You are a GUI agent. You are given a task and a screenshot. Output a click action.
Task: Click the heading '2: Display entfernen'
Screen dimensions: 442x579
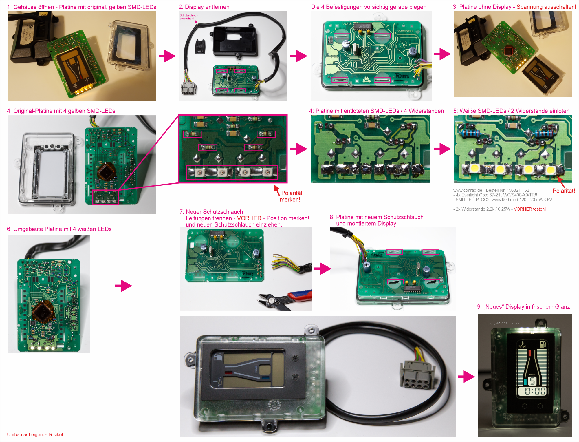coord(204,7)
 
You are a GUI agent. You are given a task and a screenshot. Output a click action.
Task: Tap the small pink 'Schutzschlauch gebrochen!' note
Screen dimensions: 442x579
coord(189,17)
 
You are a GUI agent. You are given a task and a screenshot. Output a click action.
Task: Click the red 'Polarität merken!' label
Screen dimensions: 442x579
coord(291,196)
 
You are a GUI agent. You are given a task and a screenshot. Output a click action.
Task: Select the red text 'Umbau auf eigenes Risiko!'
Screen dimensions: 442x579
coord(35,434)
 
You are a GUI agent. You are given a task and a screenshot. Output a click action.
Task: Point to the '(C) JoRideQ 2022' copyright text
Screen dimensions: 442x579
coord(505,323)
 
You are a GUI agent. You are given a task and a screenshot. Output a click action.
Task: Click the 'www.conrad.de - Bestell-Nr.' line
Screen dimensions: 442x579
coord(491,190)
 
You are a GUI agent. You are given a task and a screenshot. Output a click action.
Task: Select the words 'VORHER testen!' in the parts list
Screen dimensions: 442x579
coord(529,209)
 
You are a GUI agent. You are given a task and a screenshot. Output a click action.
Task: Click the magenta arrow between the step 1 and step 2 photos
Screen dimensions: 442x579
coord(167,56)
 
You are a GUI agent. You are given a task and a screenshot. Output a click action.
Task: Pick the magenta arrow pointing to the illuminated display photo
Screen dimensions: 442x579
coord(466,377)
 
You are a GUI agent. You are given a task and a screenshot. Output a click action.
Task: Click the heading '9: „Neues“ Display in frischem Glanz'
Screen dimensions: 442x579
coord(523,307)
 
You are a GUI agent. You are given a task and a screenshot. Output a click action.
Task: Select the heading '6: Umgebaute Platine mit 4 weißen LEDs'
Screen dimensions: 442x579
coord(59,229)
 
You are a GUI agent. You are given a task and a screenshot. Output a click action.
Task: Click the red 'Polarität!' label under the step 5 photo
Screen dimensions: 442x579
coord(563,191)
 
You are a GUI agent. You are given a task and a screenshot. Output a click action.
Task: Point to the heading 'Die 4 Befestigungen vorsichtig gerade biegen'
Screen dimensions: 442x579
coord(369,7)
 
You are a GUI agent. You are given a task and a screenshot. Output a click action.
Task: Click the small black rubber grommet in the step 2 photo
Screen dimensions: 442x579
coord(200,46)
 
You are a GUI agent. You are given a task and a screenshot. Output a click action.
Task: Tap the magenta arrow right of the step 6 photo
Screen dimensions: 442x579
coord(124,286)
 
